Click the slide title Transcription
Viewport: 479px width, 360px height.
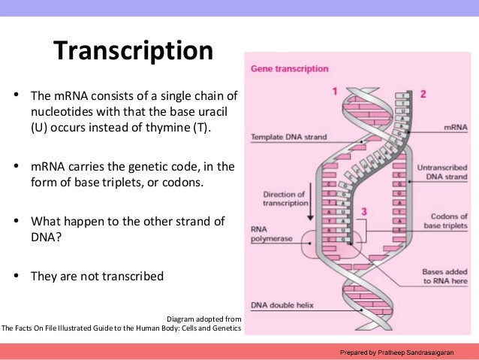click(133, 52)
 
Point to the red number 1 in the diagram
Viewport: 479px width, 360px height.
click(335, 92)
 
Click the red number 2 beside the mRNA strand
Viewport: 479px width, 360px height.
click(423, 94)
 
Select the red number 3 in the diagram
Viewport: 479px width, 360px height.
click(364, 212)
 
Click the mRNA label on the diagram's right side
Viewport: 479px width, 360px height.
click(456, 129)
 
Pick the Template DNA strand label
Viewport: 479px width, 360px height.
click(284, 138)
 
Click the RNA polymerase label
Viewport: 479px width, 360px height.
click(272, 234)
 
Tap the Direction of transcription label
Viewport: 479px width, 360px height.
click(285, 198)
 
